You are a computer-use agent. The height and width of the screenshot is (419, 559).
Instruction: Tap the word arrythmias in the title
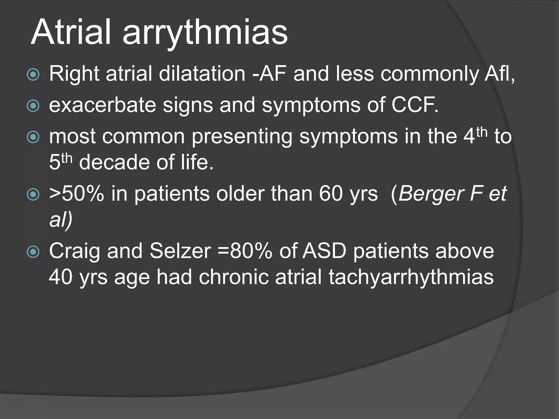coord(205,34)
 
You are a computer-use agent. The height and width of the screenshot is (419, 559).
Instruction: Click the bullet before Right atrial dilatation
coord(33,74)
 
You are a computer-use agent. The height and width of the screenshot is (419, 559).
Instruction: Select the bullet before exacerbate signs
coord(33,106)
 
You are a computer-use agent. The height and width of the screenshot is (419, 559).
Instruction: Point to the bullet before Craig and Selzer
coord(33,252)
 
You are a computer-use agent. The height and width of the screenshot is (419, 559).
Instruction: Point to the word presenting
coord(242,137)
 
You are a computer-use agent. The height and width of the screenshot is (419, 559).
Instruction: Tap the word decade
coord(114,162)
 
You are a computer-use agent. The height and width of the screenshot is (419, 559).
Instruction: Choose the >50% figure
coord(77,194)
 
